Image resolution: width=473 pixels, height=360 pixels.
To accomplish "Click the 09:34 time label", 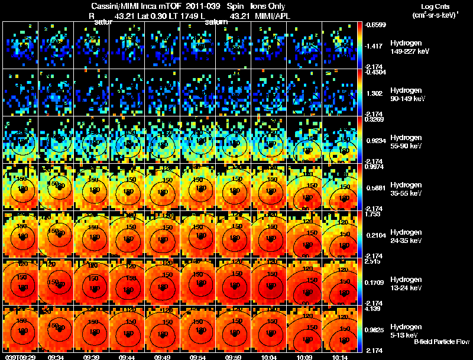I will point(56,356).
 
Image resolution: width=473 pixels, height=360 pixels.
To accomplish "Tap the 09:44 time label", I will point(127,356).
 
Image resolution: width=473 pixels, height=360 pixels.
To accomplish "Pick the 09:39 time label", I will point(92,356).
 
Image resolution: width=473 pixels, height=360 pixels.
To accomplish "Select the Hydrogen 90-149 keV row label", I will point(407,95).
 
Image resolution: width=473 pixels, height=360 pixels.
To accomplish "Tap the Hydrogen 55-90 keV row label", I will point(406,142).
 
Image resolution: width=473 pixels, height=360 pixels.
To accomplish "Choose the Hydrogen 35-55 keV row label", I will point(406,189).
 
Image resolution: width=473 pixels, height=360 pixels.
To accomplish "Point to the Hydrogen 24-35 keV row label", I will point(406,236).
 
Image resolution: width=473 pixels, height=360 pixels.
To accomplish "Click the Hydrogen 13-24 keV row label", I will point(406,284).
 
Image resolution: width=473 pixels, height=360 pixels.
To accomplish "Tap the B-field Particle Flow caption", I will point(442,342).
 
